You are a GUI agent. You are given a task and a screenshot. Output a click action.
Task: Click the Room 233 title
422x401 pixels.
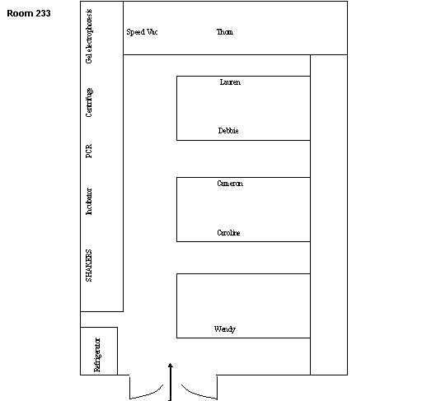[x=28, y=14]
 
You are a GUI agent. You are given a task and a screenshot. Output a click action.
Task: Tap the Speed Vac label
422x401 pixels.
[x=141, y=32]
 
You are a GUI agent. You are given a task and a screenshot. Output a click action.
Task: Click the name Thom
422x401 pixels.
[x=224, y=32]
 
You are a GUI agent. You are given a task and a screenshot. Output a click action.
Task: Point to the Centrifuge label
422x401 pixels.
[x=89, y=102]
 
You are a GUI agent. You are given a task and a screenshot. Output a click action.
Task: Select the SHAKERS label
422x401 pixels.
[x=89, y=264]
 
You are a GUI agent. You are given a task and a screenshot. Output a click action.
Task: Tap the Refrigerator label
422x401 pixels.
[x=96, y=354]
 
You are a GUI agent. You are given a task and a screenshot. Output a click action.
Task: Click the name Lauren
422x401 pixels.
[x=231, y=82]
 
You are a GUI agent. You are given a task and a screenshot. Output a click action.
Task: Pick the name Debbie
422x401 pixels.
[x=229, y=131]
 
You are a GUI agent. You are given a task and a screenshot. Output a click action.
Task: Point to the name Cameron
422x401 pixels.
[x=230, y=184]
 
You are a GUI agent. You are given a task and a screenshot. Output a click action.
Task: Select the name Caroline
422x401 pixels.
[x=228, y=233]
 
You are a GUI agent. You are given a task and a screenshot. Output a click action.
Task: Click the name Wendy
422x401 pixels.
[x=225, y=329]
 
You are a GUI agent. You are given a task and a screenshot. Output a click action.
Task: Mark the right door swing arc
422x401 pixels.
[x=199, y=390]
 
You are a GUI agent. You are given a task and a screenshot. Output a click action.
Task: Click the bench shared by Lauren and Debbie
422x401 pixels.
[x=243, y=107]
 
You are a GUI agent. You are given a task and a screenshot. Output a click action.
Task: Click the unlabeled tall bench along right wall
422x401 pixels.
[x=328, y=214]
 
